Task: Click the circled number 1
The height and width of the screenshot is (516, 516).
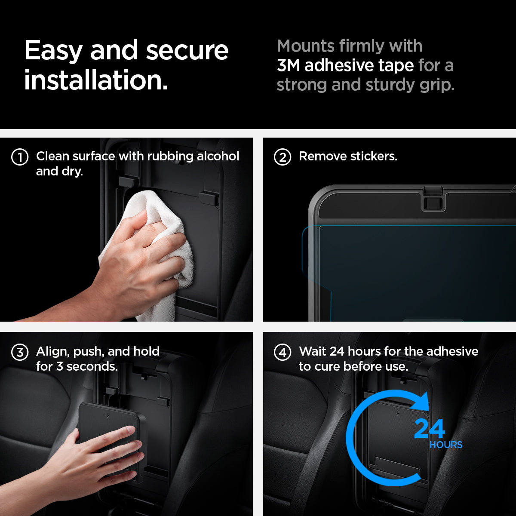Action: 20,157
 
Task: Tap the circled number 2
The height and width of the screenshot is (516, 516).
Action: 283,157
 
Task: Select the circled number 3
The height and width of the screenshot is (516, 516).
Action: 20,352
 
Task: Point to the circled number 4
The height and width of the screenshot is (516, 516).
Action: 283,352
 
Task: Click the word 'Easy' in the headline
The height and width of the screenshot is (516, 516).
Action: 53,51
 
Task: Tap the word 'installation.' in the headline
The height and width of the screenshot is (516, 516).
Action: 96,80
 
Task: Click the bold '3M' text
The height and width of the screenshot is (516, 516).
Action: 288,65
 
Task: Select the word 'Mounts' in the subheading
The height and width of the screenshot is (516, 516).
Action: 306,46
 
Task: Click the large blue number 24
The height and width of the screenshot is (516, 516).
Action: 430,429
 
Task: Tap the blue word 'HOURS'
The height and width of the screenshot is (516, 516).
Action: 446,445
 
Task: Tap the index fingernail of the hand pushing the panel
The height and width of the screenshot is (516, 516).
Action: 131,430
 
